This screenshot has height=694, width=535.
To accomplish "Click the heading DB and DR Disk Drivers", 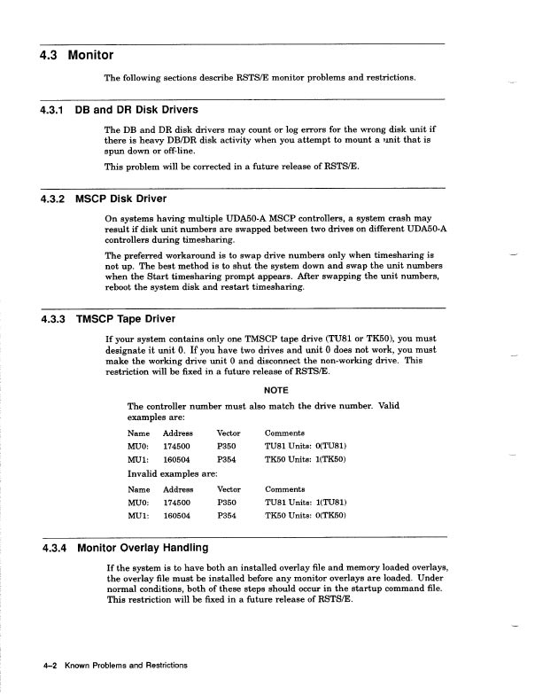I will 136,111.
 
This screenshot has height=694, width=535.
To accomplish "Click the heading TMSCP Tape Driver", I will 126,319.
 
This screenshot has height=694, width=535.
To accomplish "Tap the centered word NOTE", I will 277,386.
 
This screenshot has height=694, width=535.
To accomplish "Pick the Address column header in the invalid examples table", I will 178,488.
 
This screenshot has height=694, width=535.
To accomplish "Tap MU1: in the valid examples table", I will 138,460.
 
